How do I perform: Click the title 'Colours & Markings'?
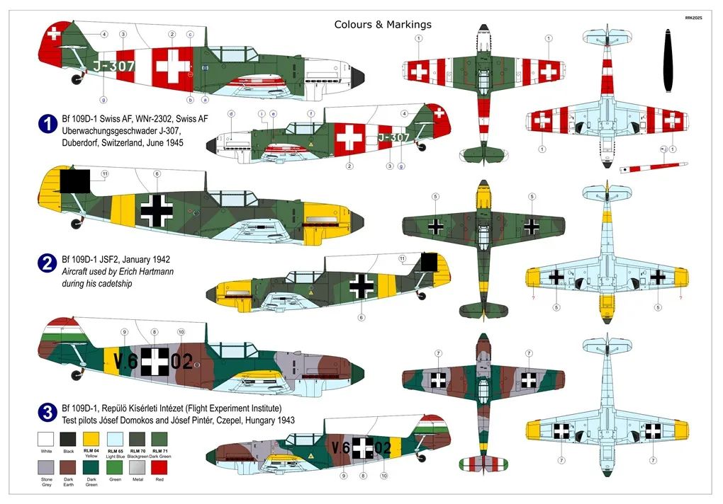[383, 25]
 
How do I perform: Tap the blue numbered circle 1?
[47, 125]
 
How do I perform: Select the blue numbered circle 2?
[47, 264]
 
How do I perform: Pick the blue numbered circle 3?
[47, 411]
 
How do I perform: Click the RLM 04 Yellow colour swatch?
[91, 438]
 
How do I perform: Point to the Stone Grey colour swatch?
[46, 468]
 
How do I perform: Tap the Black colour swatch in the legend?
[68, 438]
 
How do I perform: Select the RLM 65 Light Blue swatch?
[113, 438]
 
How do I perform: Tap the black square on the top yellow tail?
[74, 182]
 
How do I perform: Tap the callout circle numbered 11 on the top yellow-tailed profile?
[105, 173]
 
